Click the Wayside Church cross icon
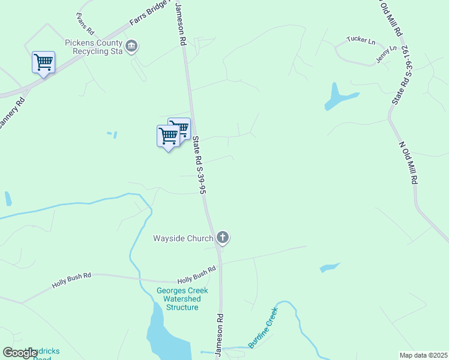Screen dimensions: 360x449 [223, 238]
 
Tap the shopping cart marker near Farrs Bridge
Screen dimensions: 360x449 [43, 62]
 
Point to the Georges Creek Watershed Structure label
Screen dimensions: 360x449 [182, 299]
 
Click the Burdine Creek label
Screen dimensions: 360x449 [264, 328]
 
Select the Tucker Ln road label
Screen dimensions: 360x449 [361, 41]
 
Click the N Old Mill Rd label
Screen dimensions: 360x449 [408, 163]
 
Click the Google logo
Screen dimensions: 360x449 [20, 353]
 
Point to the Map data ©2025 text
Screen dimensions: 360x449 [423, 355]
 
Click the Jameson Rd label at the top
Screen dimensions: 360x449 [179, 24]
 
